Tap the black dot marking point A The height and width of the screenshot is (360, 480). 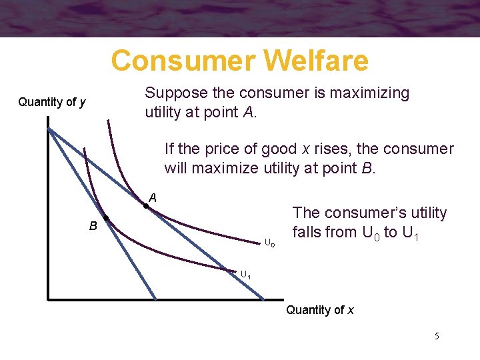tap(146, 207)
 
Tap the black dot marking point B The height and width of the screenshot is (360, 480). tap(105, 220)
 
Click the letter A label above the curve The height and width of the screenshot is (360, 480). tap(153, 197)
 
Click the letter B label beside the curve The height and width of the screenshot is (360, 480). tap(94, 226)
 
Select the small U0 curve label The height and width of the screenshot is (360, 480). tap(269, 242)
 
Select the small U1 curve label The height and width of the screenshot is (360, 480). tap(245, 274)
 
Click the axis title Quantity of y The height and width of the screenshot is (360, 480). tap(51, 102)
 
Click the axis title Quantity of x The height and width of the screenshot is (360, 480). tap(319, 309)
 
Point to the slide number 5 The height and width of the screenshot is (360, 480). tap(437, 336)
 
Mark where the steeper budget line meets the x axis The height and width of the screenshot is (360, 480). tap(157, 299)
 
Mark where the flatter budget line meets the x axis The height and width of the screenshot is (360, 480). tap(265, 299)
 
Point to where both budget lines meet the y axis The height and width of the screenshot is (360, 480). tap(49, 128)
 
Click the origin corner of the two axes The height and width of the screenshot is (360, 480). tap(49, 299)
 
